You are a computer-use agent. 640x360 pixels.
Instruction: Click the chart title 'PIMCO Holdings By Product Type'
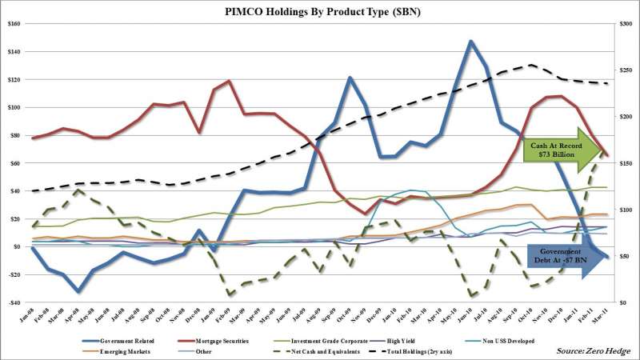[320, 11]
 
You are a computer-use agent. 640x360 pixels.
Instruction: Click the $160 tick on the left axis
[14, 24]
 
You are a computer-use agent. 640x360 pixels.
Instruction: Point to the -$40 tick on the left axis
[14, 302]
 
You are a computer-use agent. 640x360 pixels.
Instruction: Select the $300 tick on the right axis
[626, 24]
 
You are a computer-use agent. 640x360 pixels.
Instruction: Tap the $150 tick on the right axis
[626, 163]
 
